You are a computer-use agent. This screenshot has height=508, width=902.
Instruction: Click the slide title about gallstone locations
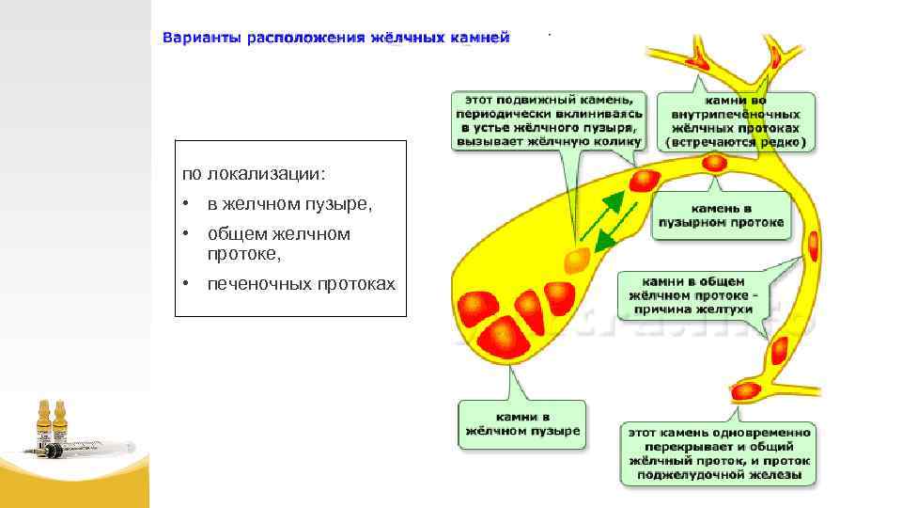[335, 38]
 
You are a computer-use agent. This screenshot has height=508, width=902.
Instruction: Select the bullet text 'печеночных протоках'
[301, 284]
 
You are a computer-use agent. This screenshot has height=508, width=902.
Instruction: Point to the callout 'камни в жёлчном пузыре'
[522, 423]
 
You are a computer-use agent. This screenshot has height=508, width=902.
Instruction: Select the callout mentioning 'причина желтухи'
[692, 295]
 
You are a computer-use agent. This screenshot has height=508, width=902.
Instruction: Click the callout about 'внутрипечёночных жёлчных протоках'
[736, 119]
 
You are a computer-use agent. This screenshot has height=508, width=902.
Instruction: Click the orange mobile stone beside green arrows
[578, 259]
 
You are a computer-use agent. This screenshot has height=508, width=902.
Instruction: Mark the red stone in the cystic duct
[646, 179]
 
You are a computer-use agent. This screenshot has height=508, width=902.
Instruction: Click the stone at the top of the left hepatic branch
[699, 62]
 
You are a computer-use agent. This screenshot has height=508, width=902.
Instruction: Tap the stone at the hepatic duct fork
[716, 163]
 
